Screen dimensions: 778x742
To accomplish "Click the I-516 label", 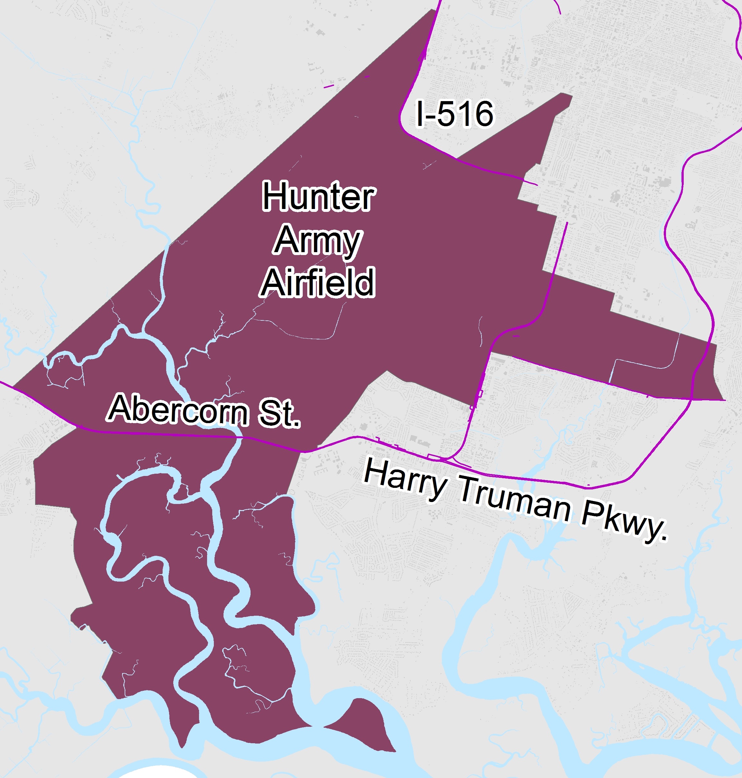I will click(x=455, y=114).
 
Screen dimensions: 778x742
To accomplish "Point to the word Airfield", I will click(x=318, y=282).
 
